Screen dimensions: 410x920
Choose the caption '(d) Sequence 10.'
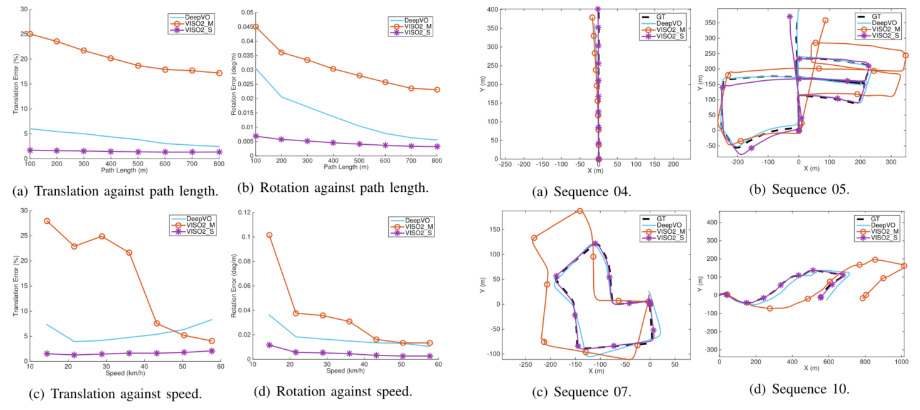810,389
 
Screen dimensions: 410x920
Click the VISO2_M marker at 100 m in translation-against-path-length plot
29,34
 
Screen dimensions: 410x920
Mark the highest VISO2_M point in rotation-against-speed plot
270,235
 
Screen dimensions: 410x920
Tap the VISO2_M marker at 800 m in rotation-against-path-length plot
436,90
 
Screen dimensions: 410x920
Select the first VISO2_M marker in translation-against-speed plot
47,221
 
